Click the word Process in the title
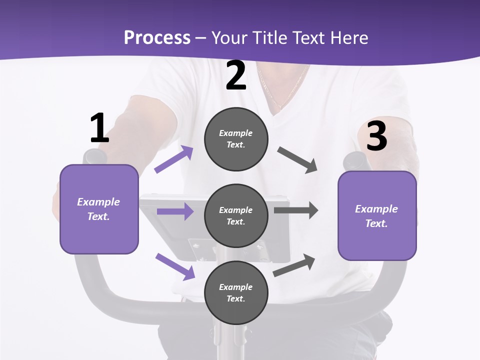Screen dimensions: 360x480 point(157,37)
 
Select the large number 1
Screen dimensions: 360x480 point(99,128)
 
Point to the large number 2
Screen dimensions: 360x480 point(236,76)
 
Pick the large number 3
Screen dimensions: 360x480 point(376,136)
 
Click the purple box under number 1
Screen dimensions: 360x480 point(99,209)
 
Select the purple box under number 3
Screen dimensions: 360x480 point(377,216)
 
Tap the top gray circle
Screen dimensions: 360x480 point(236,139)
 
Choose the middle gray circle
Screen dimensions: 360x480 point(236,215)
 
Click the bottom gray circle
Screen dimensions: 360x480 point(236,292)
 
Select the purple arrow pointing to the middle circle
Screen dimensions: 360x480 point(175,211)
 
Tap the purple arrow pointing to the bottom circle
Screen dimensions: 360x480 point(175,266)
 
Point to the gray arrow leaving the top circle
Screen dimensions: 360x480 point(297,159)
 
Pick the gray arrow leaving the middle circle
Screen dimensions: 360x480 point(295,210)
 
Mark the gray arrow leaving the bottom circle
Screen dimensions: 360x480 point(294,265)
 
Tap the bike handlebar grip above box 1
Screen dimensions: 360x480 point(95,156)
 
